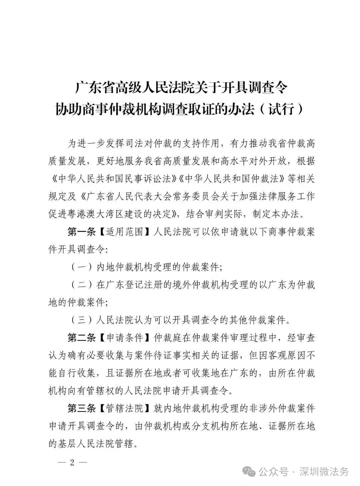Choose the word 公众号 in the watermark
tap(273, 472)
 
